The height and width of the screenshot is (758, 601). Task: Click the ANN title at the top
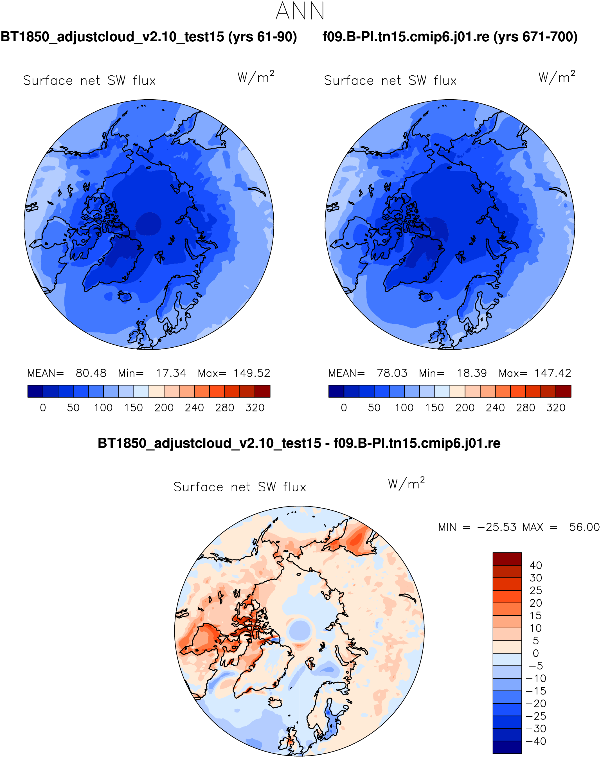click(300, 11)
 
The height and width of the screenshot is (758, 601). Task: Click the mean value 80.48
click(91, 373)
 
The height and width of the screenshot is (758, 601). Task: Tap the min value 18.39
click(472, 373)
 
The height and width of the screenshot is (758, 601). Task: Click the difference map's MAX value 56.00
click(584, 527)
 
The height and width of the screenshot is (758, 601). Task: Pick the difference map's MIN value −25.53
click(497, 527)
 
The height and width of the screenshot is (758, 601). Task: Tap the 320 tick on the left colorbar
click(255, 408)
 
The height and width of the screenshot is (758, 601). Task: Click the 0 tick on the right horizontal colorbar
click(344, 408)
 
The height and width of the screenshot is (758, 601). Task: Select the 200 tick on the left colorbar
click(164, 408)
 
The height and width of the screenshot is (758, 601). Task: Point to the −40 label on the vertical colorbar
click(536, 741)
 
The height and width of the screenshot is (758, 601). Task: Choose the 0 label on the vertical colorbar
click(536, 653)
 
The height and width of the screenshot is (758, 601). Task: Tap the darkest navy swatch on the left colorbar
click(35, 391)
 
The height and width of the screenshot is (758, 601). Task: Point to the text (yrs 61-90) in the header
click(263, 37)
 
